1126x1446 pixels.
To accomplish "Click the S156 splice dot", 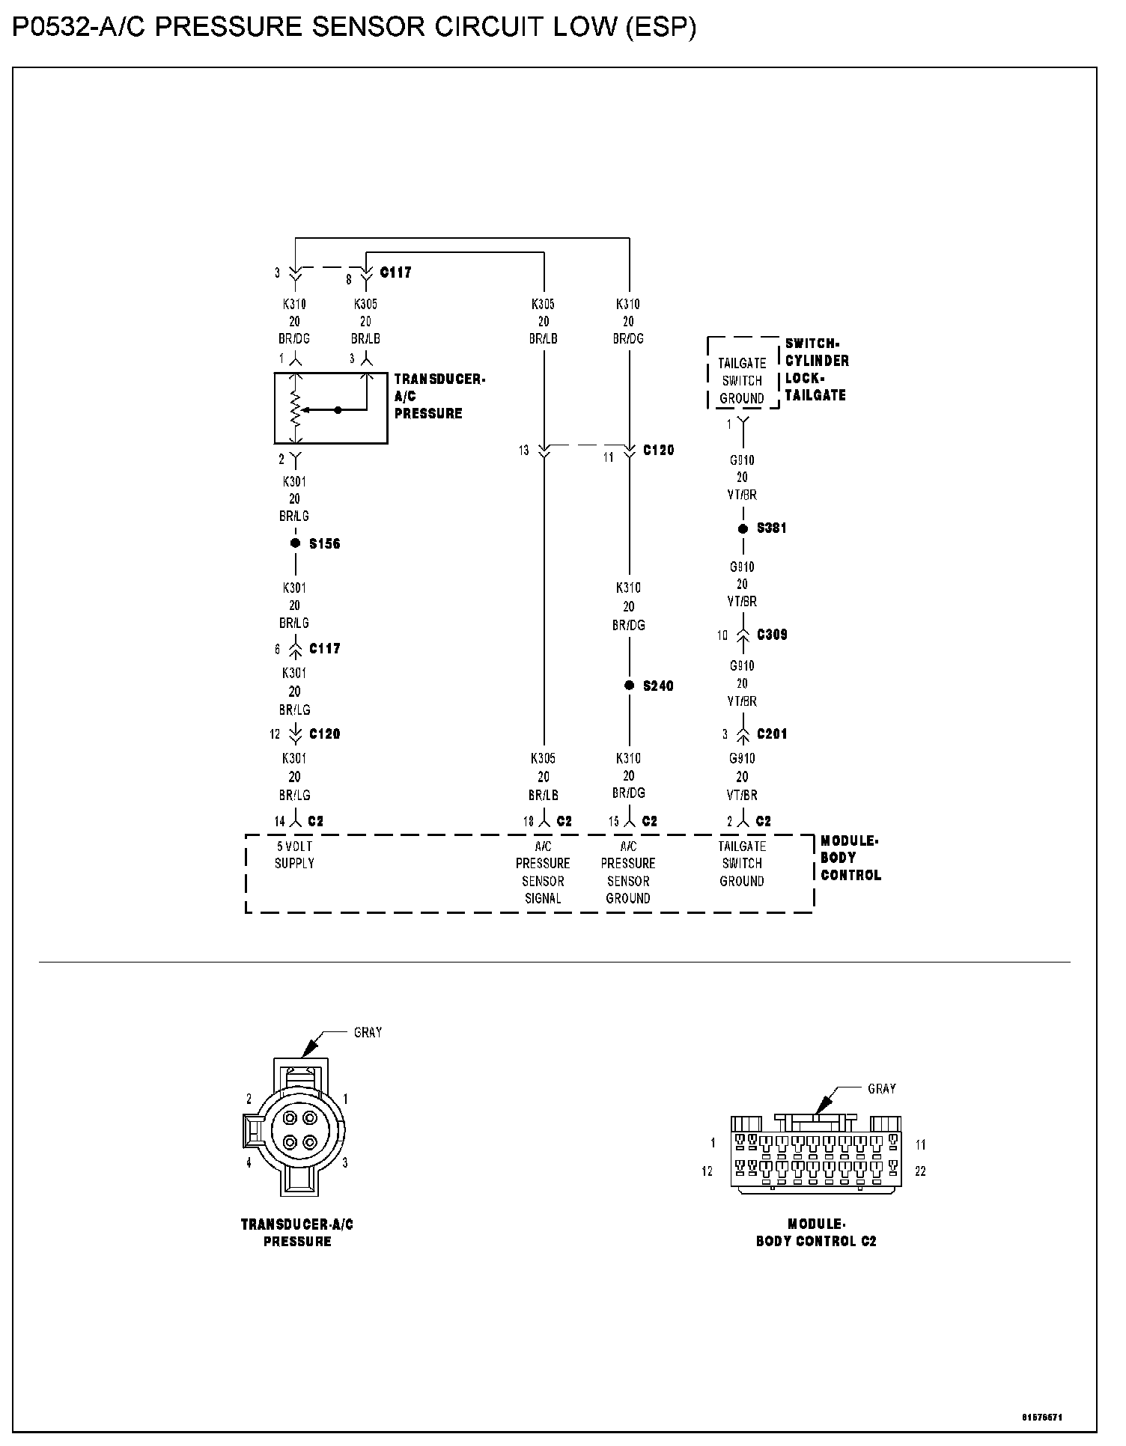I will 296,543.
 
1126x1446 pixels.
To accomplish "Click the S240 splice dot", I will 629,686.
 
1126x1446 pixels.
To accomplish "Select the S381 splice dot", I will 743,528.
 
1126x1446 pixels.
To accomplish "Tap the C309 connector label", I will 772,635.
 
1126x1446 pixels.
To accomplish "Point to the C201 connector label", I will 772,734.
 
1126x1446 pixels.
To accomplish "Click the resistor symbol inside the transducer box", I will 296,409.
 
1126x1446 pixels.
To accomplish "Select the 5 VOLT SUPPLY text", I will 295,855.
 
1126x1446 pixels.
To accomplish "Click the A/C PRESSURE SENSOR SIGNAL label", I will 543,872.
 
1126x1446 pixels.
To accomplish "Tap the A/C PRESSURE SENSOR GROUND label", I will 628,872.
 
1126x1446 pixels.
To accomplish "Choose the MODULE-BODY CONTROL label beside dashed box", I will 850,858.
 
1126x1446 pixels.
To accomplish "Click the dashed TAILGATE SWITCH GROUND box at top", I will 742,380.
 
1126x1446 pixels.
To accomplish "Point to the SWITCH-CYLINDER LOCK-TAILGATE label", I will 817,369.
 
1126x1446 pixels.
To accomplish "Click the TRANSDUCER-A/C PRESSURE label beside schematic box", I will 439,396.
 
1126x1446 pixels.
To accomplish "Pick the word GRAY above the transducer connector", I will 368,1033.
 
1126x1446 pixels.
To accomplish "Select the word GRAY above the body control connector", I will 882,1089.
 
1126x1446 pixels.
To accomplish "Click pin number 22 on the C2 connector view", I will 920,1171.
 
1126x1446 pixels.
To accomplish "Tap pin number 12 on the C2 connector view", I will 707,1171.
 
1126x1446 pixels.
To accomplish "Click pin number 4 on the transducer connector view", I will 249,1163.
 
